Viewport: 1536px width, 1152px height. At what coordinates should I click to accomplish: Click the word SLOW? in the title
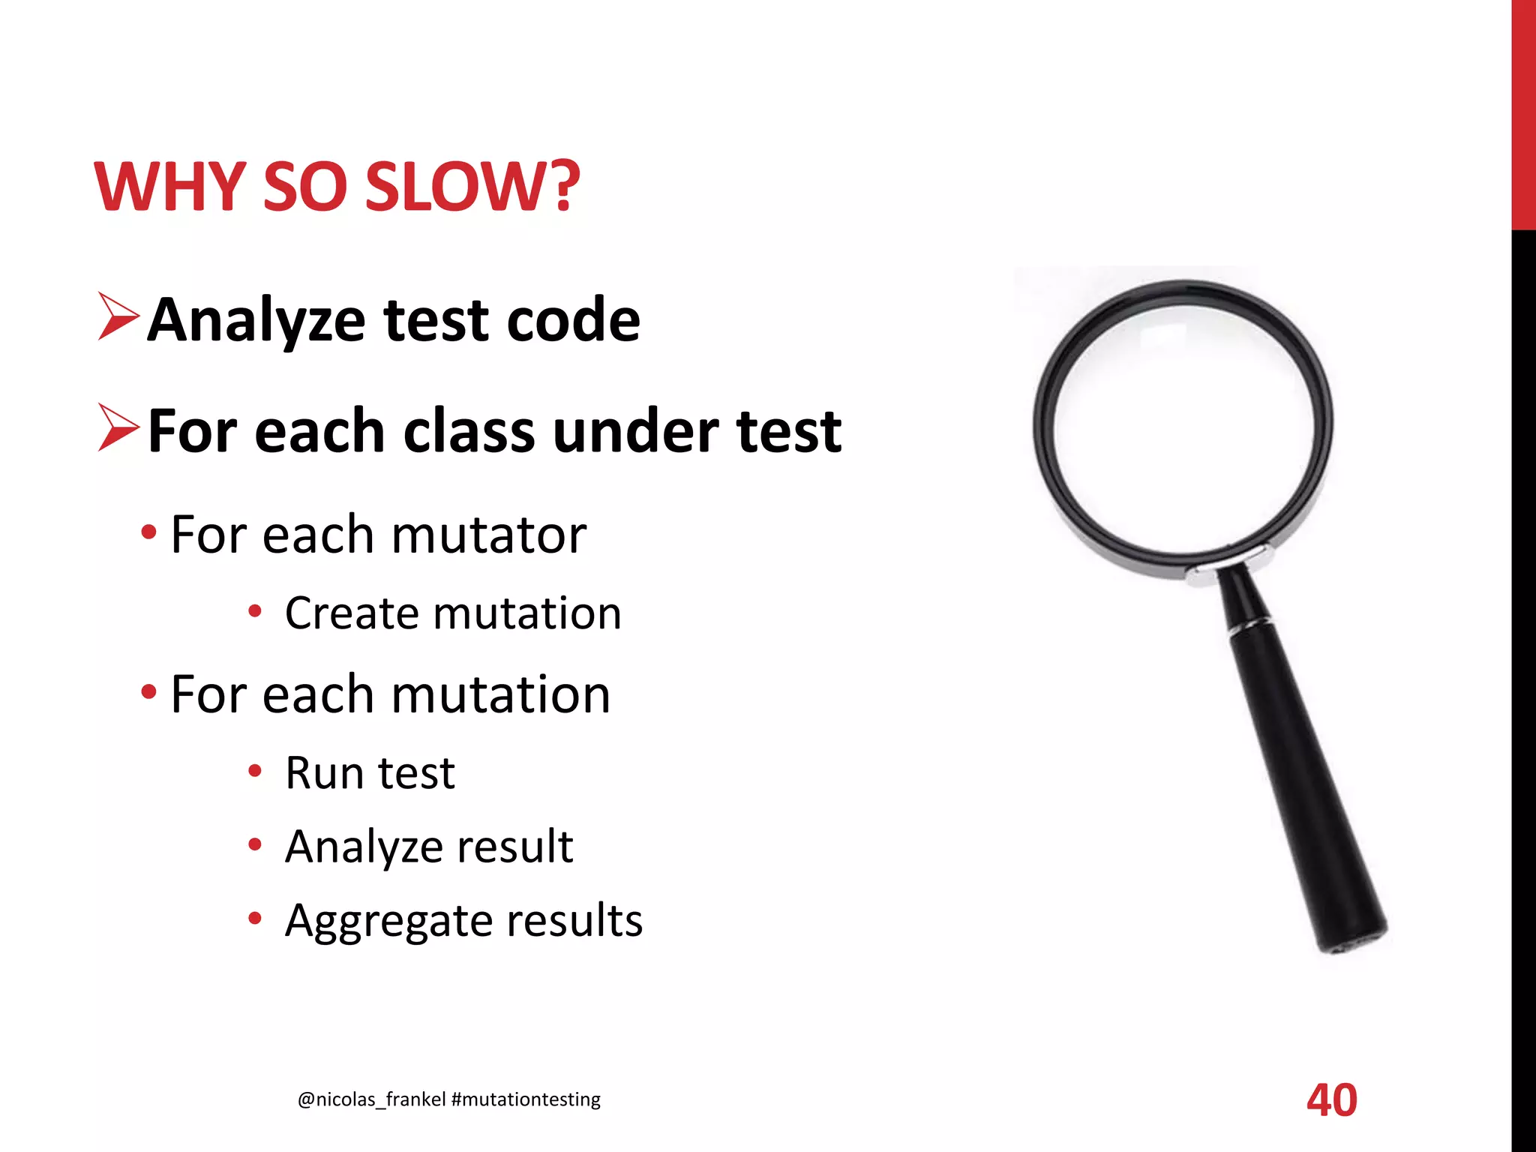(x=472, y=187)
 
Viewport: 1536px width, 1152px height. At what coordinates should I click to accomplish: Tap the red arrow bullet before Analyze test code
(x=118, y=318)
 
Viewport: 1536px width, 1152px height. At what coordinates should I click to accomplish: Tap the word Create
(x=351, y=613)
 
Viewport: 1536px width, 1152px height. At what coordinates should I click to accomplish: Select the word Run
(x=322, y=773)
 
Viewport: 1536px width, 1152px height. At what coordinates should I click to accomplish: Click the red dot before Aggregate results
(x=255, y=919)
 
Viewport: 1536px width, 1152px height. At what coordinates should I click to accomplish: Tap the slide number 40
(x=1331, y=1100)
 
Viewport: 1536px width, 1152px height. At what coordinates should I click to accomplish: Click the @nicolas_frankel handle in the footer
(x=372, y=1099)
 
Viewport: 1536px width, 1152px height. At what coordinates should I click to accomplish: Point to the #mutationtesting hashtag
(x=526, y=1099)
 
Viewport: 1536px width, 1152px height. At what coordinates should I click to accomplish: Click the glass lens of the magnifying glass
(x=1183, y=427)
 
